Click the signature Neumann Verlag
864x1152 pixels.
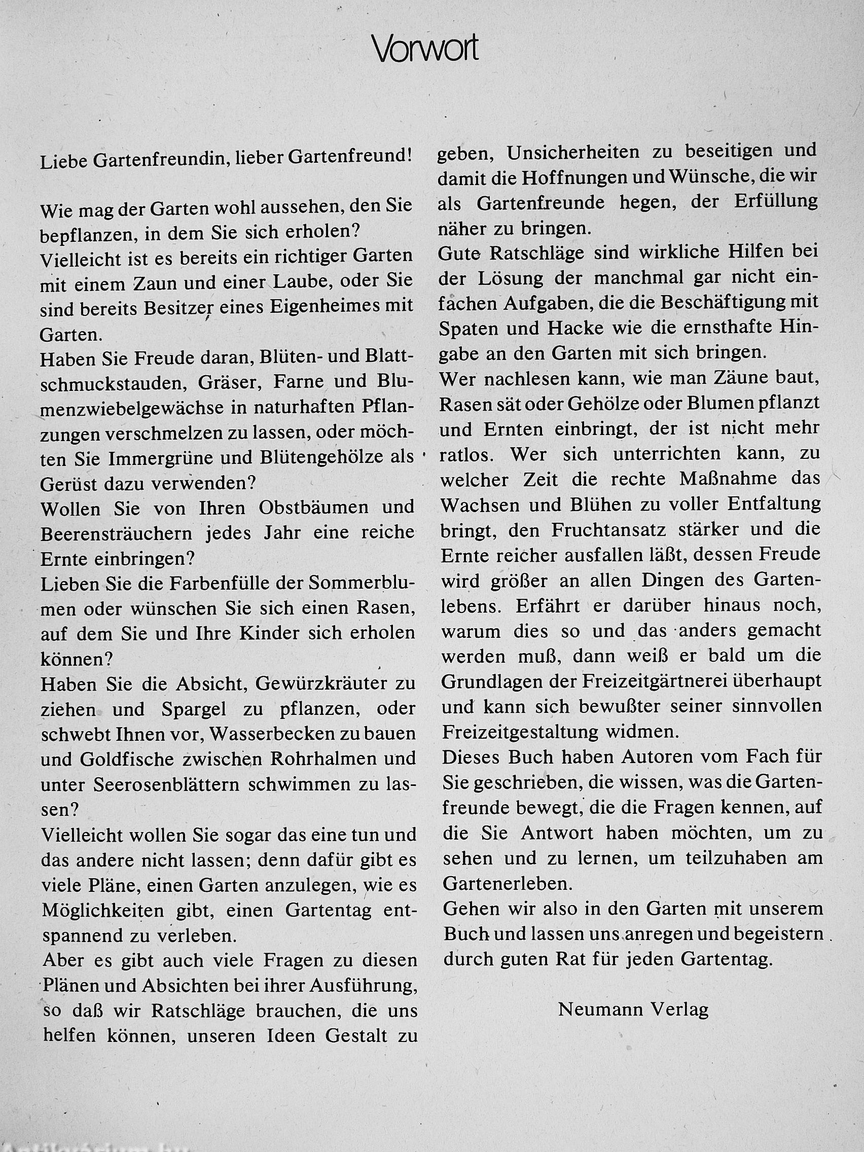633,1010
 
